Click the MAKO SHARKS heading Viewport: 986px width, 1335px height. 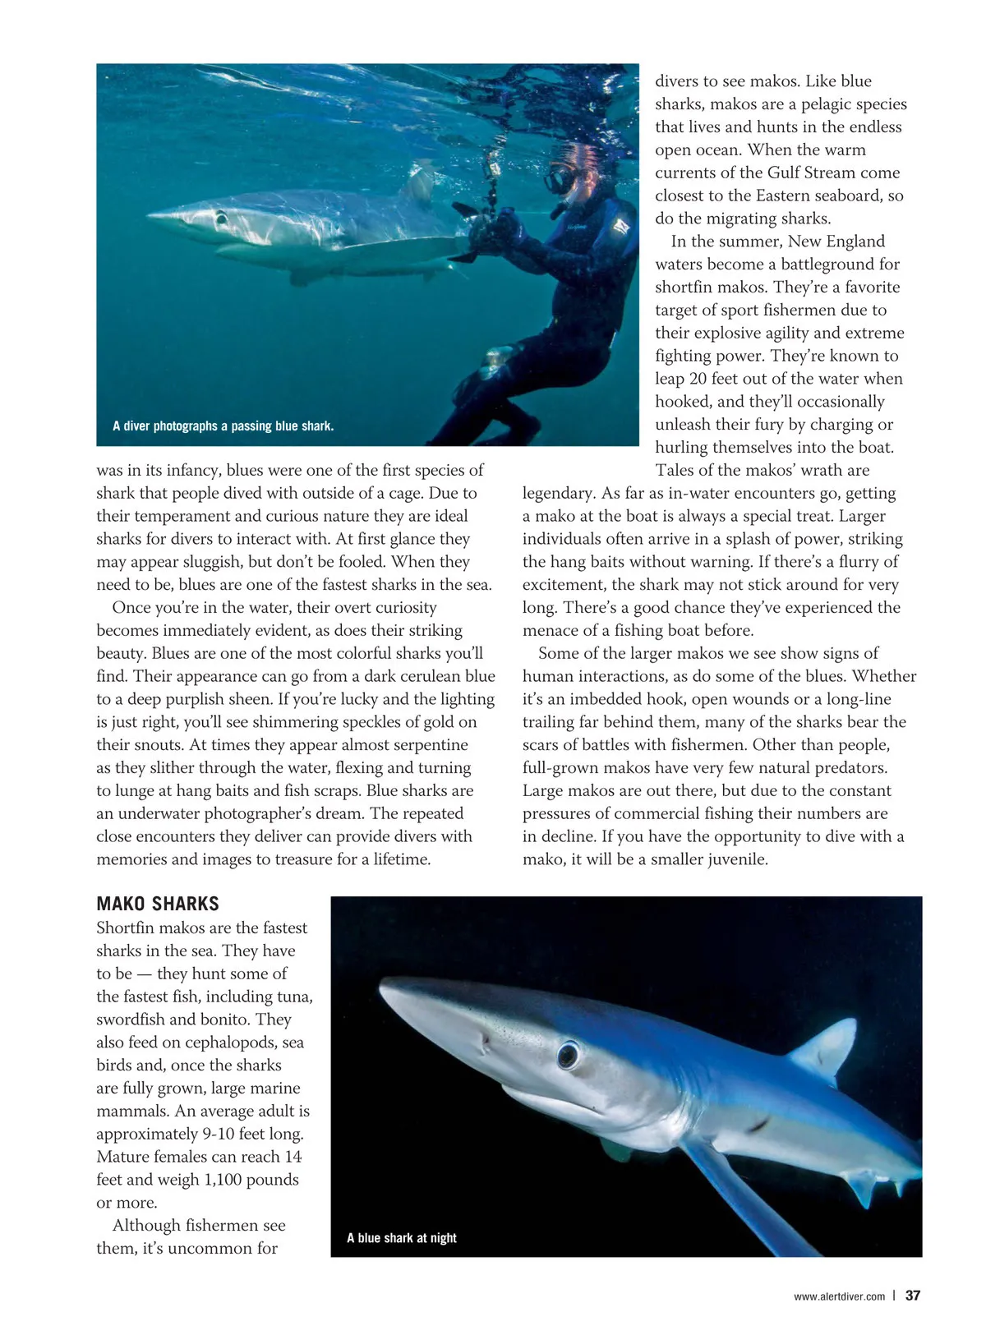coord(158,904)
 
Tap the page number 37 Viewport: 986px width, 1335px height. coord(913,1296)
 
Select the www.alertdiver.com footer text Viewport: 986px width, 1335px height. coord(839,1296)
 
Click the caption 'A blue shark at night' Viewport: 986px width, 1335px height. coord(401,1237)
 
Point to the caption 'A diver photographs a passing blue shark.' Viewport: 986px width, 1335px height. coord(223,426)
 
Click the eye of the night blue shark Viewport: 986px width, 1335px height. coord(568,1054)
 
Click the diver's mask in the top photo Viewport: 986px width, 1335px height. coord(561,177)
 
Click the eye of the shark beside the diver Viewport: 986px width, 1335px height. coord(220,219)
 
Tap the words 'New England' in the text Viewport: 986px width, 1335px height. coord(836,241)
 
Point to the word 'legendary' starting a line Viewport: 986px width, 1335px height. coord(559,493)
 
